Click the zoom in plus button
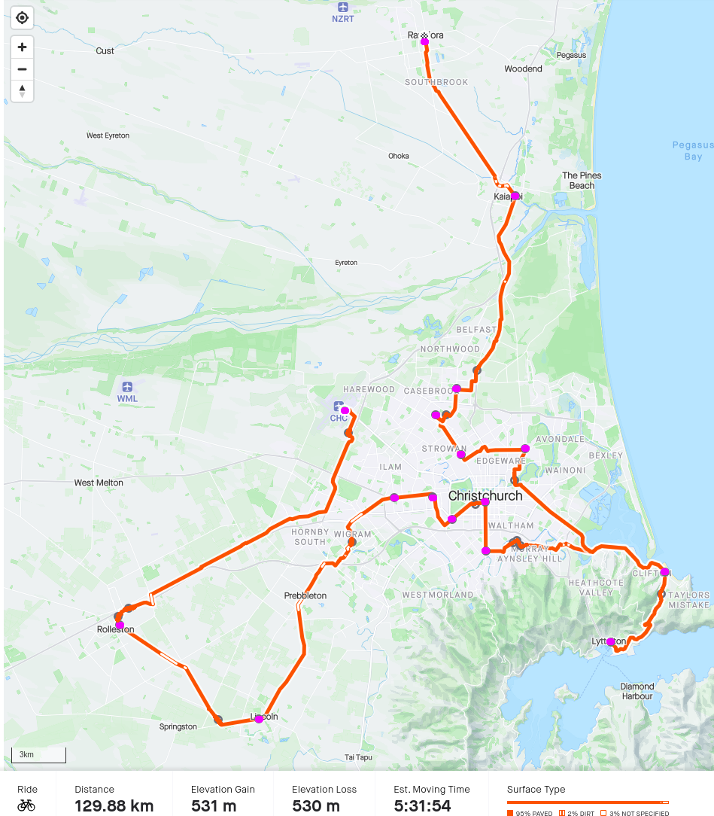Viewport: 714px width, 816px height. pos(22,47)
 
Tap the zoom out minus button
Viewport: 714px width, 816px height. pos(22,69)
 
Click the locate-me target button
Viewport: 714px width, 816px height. pos(22,18)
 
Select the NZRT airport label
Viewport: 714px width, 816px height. pos(342,17)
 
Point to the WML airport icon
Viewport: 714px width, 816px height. pos(127,386)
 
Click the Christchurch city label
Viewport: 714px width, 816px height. pos(485,496)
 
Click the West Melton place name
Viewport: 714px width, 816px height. pos(99,483)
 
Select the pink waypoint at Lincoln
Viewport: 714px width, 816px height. pos(259,719)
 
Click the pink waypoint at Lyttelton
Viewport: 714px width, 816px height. pos(611,642)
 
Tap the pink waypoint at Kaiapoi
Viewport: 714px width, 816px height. pos(515,196)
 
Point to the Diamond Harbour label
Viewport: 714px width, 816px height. pos(637,691)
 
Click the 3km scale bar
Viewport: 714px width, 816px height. pos(38,755)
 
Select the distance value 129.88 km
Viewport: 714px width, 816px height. pos(114,806)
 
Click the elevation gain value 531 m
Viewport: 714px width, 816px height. pos(214,806)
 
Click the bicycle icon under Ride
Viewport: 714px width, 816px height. pos(26,805)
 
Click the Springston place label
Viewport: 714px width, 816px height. pos(178,726)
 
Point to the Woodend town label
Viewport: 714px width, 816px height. pos(523,69)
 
